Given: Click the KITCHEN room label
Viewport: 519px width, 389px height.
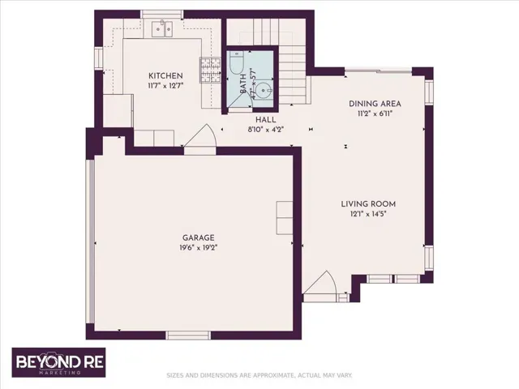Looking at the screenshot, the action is tap(165, 75).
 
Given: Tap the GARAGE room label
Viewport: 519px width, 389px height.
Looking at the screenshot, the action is tap(198, 237).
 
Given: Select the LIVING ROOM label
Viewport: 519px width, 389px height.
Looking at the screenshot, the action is tap(368, 204).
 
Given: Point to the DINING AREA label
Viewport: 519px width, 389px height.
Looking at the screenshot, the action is tap(375, 104).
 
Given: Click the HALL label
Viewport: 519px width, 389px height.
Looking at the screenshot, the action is tap(266, 120).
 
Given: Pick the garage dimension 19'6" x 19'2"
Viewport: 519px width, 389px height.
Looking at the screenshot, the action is tap(198, 248).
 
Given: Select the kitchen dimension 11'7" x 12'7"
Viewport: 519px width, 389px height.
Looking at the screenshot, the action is tap(165, 86).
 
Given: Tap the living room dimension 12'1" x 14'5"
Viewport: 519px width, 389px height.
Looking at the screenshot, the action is tap(368, 214).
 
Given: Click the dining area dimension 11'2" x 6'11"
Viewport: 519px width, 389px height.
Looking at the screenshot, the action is tap(375, 113).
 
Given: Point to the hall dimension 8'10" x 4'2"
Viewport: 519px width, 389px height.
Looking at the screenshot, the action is tap(266, 130).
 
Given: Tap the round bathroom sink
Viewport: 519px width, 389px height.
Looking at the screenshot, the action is tap(264, 89).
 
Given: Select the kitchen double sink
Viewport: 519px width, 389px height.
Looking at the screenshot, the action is tap(162, 29).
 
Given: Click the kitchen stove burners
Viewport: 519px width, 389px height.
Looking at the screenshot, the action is tap(210, 71).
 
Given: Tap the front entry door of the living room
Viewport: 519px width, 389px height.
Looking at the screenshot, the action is tap(320, 283).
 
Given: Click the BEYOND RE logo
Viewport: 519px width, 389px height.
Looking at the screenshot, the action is tap(59, 362).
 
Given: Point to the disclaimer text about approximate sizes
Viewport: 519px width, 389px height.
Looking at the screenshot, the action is tap(259, 375).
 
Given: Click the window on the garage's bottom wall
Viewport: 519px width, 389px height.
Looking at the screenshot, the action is tap(188, 335).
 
